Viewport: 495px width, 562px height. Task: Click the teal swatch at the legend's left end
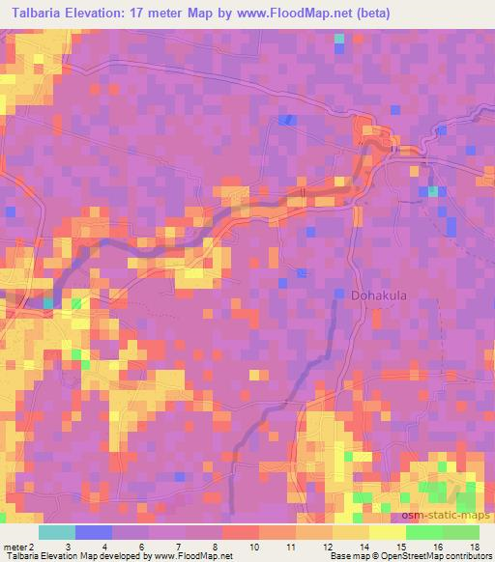57,532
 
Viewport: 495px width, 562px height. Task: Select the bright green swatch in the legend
423,532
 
